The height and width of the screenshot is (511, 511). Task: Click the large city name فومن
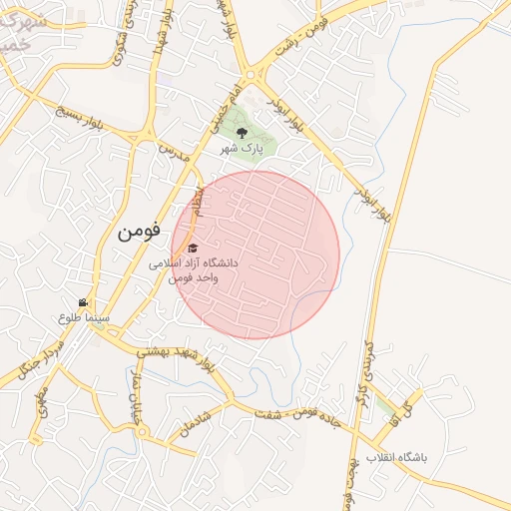(138, 231)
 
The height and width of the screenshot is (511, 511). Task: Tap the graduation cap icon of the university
(193, 248)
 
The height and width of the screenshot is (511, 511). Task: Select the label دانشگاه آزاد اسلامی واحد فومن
(194, 269)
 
